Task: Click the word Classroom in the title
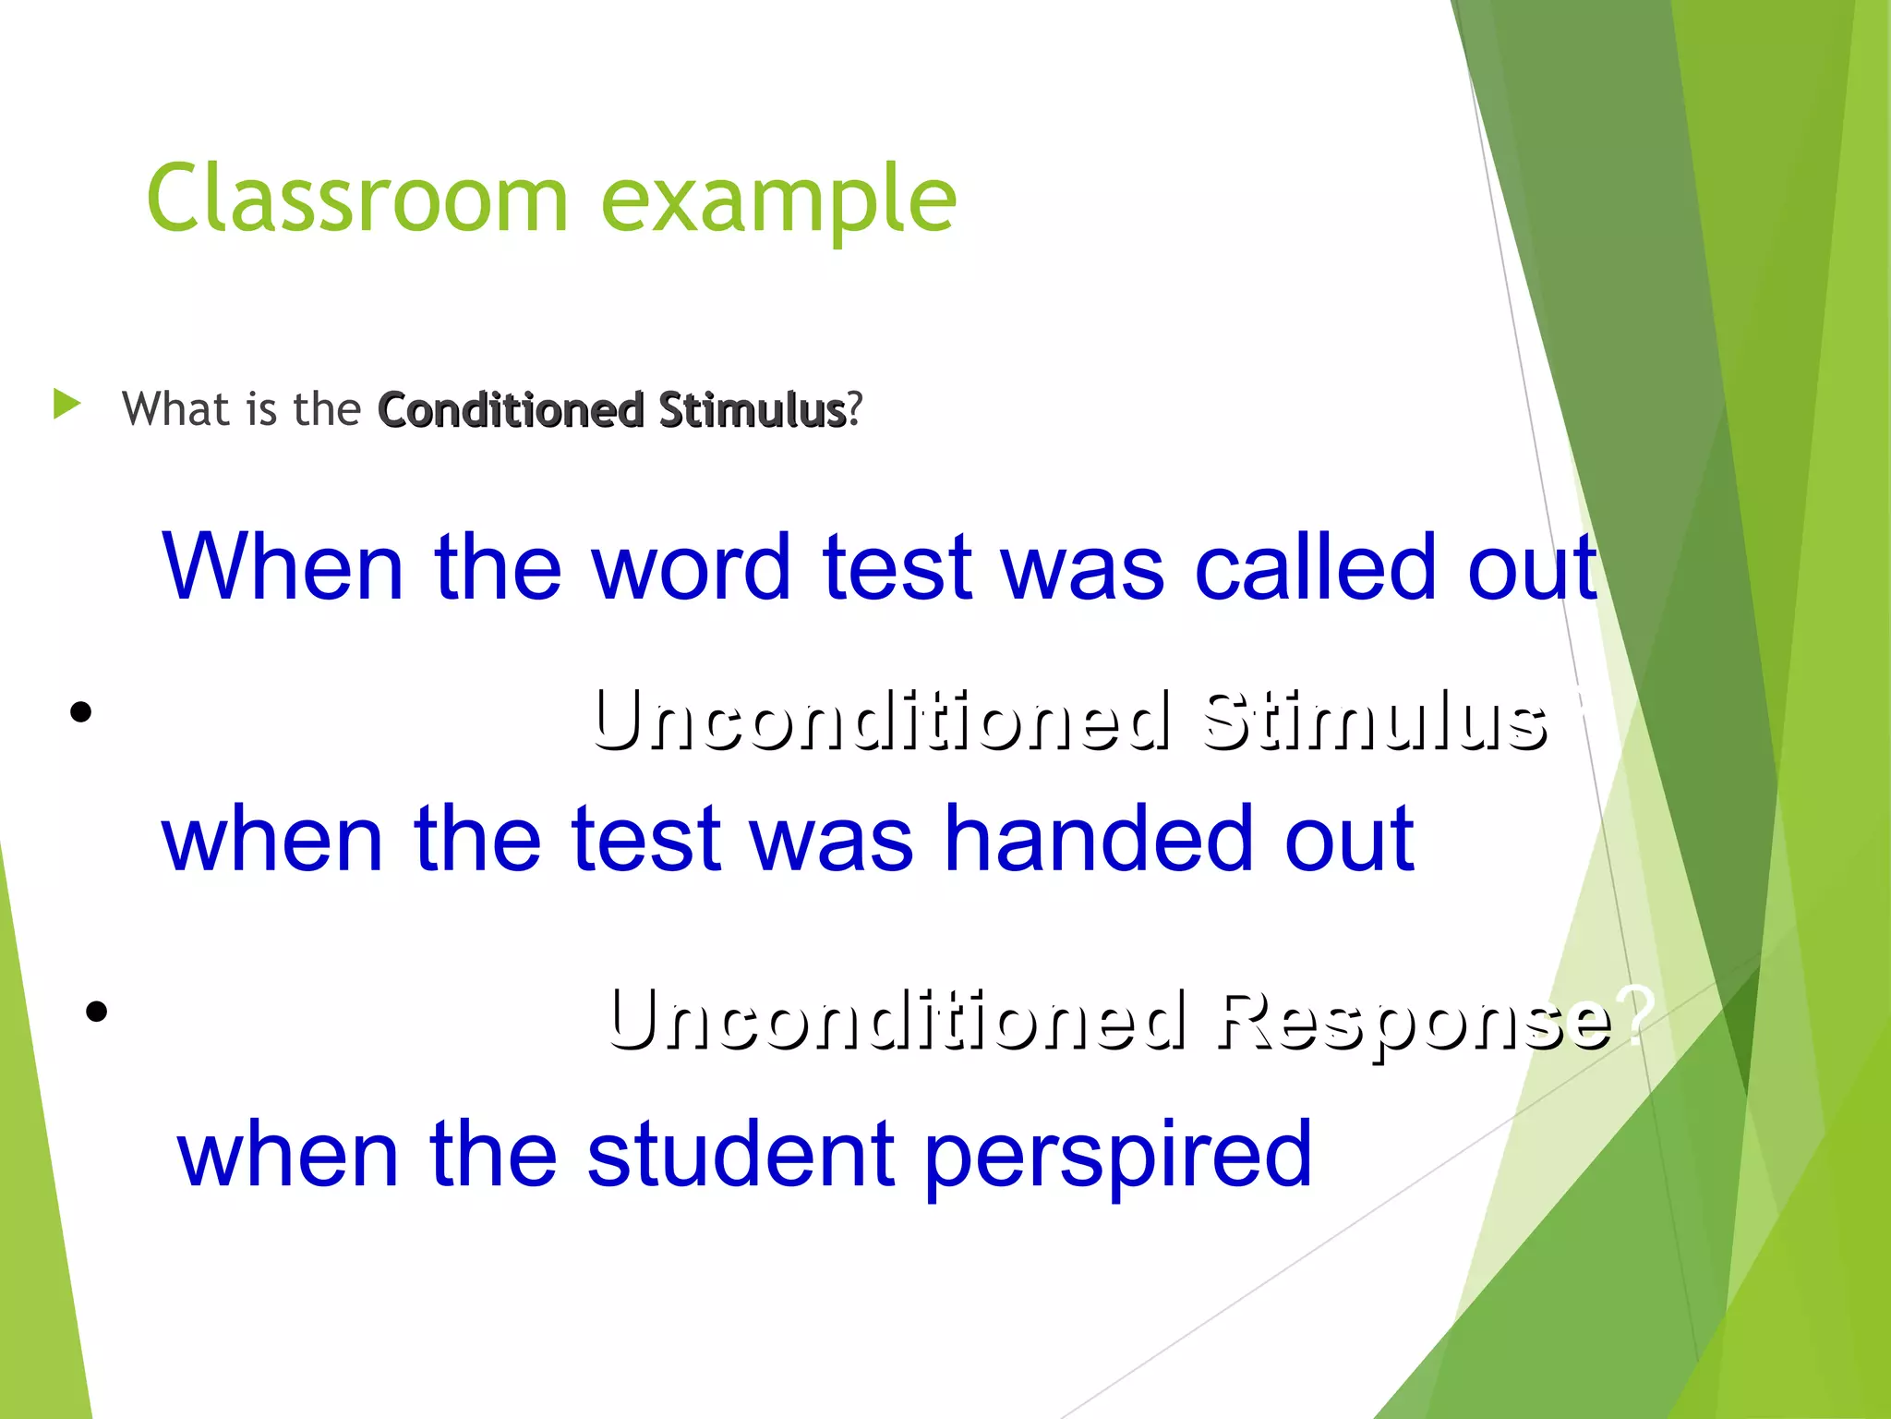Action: (x=356, y=198)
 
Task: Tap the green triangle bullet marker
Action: (x=66, y=404)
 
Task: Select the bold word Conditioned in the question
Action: (x=511, y=410)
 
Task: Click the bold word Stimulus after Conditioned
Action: (x=752, y=410)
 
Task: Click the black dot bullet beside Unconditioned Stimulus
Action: (x=81, y=711)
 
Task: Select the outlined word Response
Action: (x=1414, y=1020)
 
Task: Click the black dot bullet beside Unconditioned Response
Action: (x=96, y=1012)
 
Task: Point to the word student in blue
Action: (x=739, y=1155)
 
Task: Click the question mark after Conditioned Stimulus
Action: (x=856, y=409)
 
